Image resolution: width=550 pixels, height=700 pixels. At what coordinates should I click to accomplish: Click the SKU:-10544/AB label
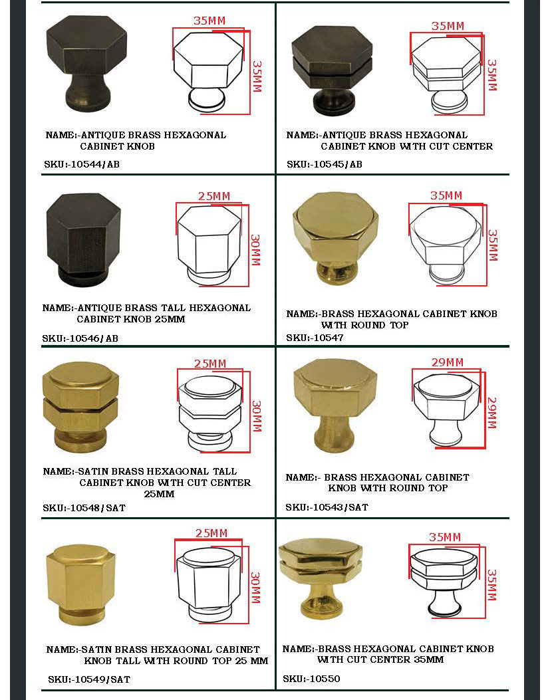tap(82, 164)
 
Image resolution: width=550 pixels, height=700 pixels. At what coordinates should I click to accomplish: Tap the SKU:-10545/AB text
tap(325, 164)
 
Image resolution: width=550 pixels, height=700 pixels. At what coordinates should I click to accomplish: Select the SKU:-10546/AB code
tap(80, 338)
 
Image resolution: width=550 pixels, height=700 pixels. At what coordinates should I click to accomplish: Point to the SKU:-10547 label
tap(315, 338)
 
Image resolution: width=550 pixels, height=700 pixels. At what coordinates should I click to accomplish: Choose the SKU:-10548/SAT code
tap(84, 508)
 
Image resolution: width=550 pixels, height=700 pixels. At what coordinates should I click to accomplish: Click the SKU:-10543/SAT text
tap(327, 507)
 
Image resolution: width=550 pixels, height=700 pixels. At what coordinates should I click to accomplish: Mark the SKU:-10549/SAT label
tap(89, 679)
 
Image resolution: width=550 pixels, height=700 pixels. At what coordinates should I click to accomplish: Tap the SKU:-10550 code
tap(311, 679)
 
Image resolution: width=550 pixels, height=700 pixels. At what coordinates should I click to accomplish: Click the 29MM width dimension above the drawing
tap(448, 362)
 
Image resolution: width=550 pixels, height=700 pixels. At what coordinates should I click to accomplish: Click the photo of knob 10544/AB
tap(86, 63)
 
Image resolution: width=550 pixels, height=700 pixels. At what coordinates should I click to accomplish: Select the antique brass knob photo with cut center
tap(331, 70)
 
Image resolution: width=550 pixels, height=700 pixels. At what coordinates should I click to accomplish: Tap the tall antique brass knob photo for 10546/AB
tap(83, 239)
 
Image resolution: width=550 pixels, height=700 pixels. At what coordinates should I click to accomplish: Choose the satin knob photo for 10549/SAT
tap(80, 584)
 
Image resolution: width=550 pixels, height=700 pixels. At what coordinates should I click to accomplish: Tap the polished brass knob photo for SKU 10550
tap(321, 579)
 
